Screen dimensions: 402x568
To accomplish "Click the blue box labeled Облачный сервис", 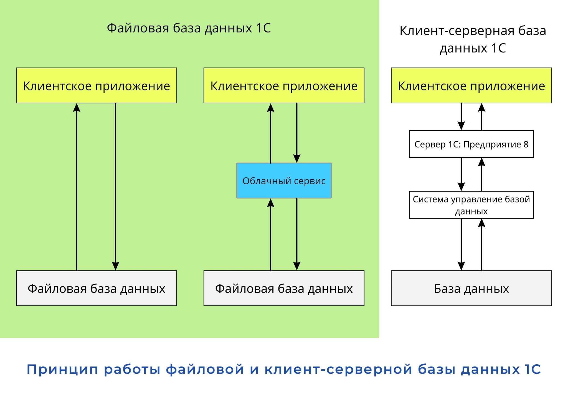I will click(284, 181).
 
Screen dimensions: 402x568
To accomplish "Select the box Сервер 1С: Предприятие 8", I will click(471, 144).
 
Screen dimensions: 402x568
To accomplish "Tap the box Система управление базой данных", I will click(471, 205).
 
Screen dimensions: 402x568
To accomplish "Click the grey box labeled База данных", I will click(471, 288).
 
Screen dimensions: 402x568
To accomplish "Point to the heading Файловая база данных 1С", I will click(189, 28).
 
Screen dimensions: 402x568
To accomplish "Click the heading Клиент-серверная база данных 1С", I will click(473, 39).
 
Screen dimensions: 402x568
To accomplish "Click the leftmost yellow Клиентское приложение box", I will click(96, 85).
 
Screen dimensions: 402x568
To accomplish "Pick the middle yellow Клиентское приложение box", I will click(284, 85).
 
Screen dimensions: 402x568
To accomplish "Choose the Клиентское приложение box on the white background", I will click(471, 85).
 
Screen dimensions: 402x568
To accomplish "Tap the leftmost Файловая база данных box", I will click(96, 288).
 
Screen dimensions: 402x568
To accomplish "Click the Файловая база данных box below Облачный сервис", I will click(284, 288).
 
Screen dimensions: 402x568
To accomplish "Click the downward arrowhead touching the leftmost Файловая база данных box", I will click(115, 266).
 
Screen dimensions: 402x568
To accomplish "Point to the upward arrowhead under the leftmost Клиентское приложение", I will click(77, 108).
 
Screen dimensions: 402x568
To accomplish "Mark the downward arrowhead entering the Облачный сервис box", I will click(297, 159).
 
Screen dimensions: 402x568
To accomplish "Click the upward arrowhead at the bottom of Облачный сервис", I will click(270, 203).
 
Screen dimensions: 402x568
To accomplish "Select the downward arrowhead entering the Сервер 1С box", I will click(461, 126).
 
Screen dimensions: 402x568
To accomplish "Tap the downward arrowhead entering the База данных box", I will click(461, 266).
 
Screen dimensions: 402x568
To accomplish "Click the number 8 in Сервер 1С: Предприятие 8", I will click(526, 144).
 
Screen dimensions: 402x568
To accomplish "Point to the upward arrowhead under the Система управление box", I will click(482, 223).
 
